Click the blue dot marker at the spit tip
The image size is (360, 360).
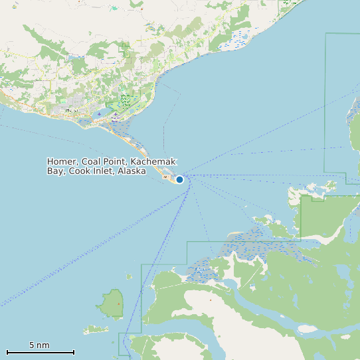(179, 179)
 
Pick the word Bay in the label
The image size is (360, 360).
(55, 171)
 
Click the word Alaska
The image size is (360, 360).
(132, 171)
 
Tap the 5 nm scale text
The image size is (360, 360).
(39, 345)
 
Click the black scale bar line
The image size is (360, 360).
(40, 352)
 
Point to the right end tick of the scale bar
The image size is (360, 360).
(74, 352)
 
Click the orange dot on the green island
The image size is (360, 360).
(119, 304)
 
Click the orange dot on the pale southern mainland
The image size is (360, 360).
(211, 300)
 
